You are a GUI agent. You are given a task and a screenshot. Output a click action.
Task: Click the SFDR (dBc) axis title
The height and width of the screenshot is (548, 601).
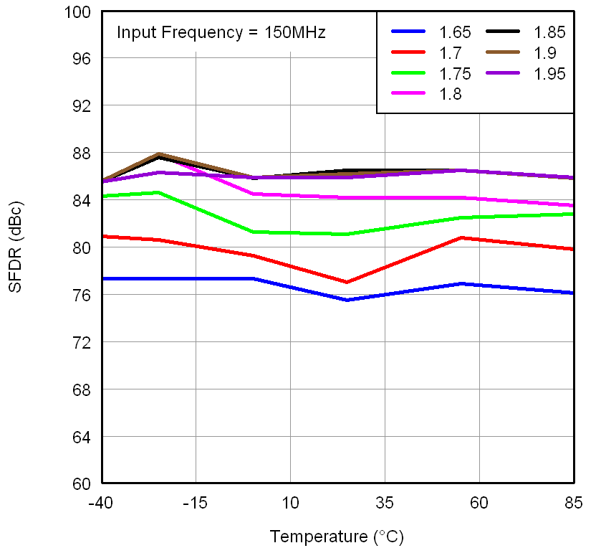tap(16, 248)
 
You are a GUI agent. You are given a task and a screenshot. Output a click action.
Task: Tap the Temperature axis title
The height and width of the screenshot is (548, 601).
tap(337, 536)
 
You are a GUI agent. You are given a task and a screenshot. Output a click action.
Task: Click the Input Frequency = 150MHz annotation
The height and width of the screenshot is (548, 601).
tap(221, 32)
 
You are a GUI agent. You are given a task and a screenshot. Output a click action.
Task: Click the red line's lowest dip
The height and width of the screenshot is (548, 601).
tap(347, 282)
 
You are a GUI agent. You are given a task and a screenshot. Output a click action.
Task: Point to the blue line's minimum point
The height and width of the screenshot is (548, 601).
tap(347, 300)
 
